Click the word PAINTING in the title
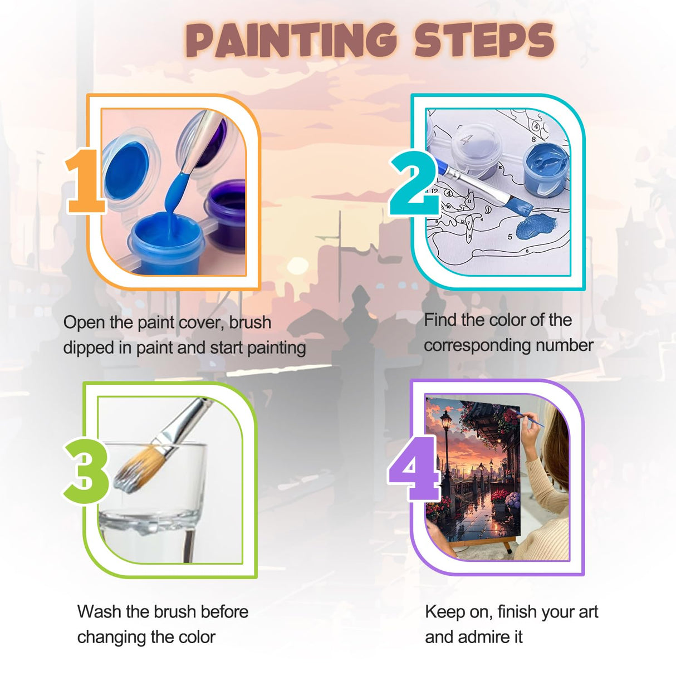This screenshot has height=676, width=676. [291, 41]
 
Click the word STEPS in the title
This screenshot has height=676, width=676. [483, 41]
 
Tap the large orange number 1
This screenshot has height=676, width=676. [85, 181]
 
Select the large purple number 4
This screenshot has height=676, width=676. [414, 468]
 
